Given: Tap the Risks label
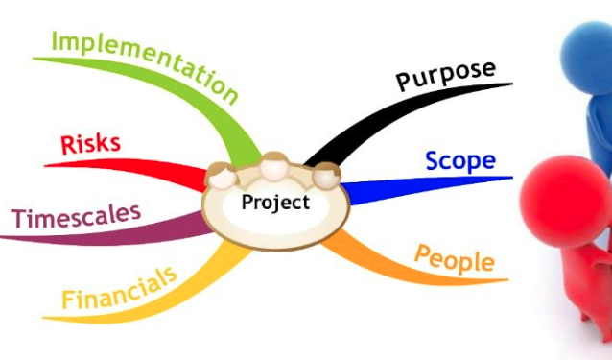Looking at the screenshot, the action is [x=90, y=144].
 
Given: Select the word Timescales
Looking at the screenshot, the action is [x=76, y=215].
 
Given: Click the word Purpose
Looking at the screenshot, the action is [x=447, y=75].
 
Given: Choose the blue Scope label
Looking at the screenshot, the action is [x=460, y=160].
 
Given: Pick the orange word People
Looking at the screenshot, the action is [x=455, y=257].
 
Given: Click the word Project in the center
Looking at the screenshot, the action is [x=275, y=203].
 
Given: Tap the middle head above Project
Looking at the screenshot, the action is [x=276, y=165].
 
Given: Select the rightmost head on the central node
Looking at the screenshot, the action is [x=327, y=175].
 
